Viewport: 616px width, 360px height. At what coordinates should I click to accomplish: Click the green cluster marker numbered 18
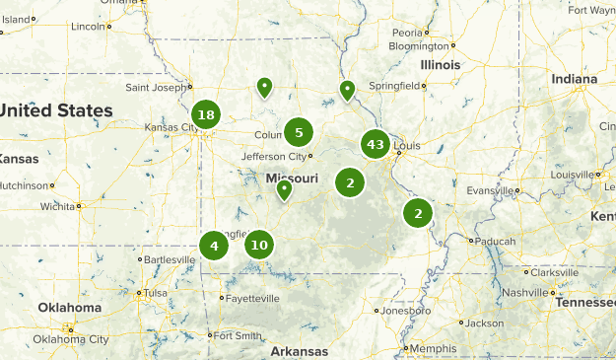point(205,115)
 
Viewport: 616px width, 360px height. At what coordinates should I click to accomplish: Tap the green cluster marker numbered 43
point(375,145)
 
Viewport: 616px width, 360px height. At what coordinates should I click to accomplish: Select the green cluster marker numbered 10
point(258,244)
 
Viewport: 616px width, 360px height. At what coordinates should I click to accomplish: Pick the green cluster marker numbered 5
point(299,131)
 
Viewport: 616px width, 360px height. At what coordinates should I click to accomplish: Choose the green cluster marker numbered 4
point(214,245)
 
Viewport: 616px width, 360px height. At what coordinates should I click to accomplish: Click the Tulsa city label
point(155,293)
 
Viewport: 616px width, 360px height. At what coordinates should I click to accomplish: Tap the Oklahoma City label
point(71,339)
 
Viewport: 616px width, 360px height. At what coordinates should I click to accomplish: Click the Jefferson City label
point(275,156)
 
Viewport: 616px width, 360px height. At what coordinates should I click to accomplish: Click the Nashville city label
point(523,293)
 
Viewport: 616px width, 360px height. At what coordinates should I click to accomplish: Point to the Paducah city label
point(496,240)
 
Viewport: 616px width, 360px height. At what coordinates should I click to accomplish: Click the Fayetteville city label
point(251,298)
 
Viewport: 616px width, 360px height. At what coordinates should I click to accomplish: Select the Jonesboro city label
point(407,310)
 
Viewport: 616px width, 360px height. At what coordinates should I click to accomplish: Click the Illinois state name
point(440,65)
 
